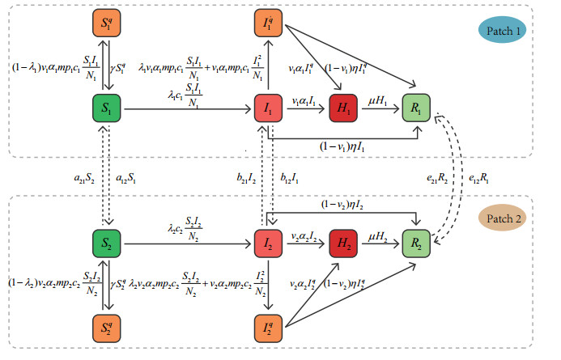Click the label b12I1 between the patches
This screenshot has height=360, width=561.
pos(291,176)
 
